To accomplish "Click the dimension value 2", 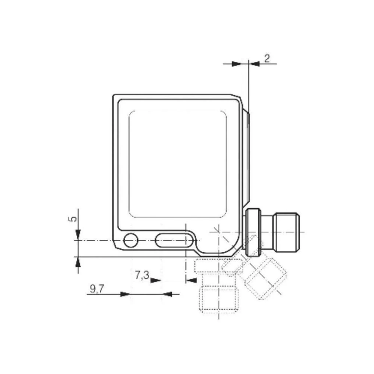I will click(267, 58).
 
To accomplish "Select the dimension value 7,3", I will click(142, 276).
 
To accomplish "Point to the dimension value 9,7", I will click(97, 289).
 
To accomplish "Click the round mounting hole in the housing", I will click(131, 240).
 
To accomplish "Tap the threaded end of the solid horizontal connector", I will click(286, 232).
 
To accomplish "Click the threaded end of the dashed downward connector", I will click(218, 299).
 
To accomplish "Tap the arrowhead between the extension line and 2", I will click(255, 64).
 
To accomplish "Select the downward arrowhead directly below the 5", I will click(77, 235).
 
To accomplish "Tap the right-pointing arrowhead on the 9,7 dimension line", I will click(125, 294).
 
